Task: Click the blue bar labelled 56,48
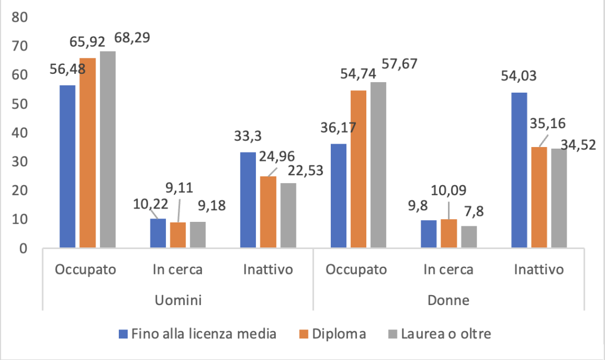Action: (67, 166)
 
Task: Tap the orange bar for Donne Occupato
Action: (358, 169)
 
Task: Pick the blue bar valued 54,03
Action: (519, 169)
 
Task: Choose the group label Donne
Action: (448, 301)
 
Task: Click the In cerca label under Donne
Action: (448, 270)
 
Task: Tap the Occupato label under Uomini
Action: (87, 270)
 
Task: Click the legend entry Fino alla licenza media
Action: (203, 334)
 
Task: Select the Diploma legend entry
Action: (339, 334)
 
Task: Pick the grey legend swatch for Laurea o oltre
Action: (392, 334)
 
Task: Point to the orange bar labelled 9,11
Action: (178, 235)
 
